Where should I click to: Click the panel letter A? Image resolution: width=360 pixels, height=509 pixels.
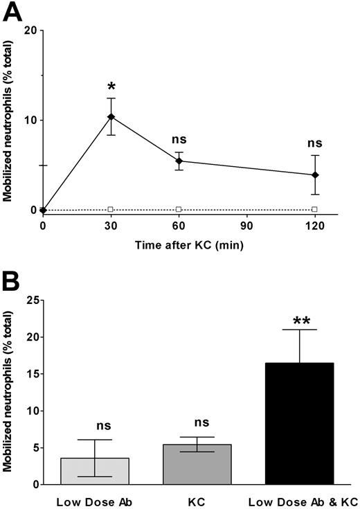coord(12,11)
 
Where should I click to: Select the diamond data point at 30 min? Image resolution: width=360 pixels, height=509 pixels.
coord(111,116)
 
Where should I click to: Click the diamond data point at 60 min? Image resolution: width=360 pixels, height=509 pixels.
coord(179,161)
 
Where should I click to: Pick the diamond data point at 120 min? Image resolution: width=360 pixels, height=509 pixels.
coord(314,175)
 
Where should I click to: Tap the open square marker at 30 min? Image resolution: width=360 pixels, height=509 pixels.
coord(111,209)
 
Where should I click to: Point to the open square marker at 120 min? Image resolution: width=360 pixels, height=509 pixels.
coord(314,209)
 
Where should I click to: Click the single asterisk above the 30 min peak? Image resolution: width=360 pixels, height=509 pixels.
coord(111,87)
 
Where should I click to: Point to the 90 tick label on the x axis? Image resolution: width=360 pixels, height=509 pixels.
coord(246,225)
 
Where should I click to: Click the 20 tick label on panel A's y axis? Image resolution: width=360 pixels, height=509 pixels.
coord(29,30)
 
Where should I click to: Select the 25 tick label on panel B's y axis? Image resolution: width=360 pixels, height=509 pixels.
coord(29,301)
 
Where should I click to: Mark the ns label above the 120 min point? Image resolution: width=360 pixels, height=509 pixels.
coord(314,144)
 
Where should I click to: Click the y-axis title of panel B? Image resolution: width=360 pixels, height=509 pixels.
coord(9,391)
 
